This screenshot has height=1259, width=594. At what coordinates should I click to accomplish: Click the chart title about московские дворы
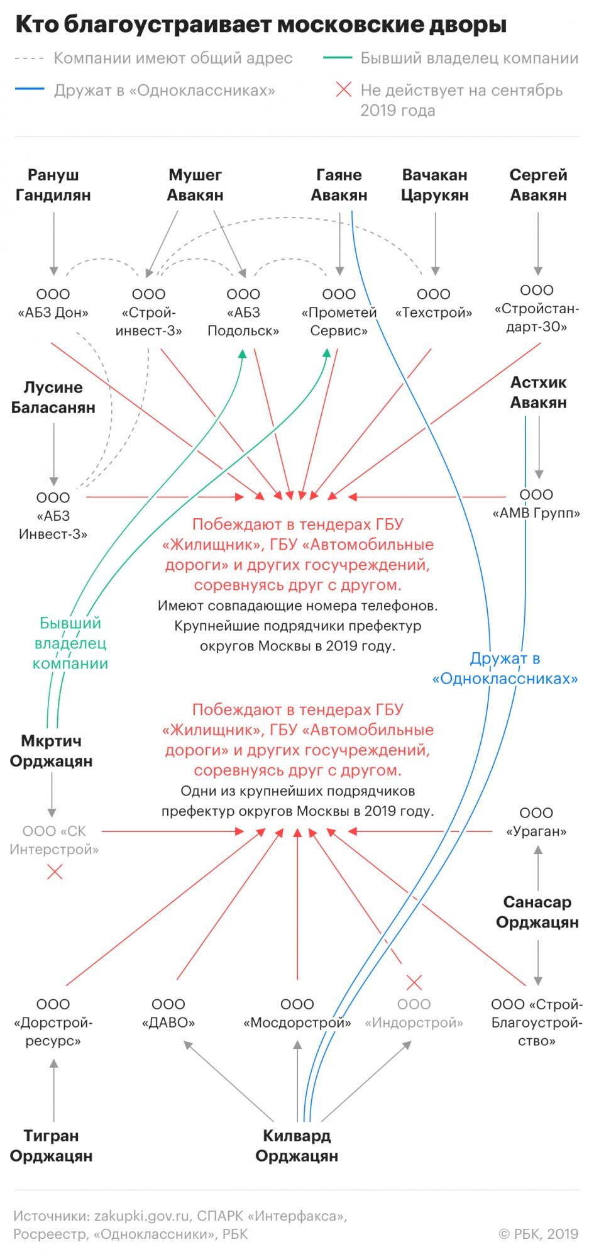coord(261,25)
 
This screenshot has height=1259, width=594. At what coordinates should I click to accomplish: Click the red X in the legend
coord(344,90)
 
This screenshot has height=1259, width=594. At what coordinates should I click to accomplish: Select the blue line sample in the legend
coord(30,89)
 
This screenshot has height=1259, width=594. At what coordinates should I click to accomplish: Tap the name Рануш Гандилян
coord(53,185)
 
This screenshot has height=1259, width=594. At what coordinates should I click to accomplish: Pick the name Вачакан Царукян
coord(435,185)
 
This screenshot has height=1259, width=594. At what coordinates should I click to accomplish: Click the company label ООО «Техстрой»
coord(434,303)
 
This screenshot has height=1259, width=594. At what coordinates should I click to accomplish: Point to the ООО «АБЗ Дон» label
coord(53,303)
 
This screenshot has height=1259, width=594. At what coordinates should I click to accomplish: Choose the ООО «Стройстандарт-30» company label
coord(537,308)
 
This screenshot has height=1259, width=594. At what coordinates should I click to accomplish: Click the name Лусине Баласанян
coord(53,397)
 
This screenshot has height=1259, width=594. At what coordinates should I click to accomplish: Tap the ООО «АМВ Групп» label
coord(536,504)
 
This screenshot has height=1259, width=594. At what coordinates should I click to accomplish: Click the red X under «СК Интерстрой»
coord(55,872)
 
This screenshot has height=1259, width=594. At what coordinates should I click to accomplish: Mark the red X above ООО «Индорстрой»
coord(414,982)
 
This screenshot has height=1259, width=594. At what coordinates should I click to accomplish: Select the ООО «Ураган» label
coord(536,822)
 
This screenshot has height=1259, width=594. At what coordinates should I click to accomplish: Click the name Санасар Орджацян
coord(537,912)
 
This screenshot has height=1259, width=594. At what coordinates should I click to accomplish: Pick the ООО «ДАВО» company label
coord(168,1013)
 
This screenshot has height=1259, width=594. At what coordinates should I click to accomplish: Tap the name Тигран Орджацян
coord(52,1146)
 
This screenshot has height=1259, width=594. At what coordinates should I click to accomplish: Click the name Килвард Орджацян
coord(297,1146)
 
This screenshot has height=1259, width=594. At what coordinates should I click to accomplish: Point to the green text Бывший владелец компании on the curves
coord(70,643)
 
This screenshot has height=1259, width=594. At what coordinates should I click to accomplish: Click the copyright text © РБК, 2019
coord(539,1234)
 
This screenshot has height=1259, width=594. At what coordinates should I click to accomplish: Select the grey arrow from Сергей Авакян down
coord(538,244)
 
